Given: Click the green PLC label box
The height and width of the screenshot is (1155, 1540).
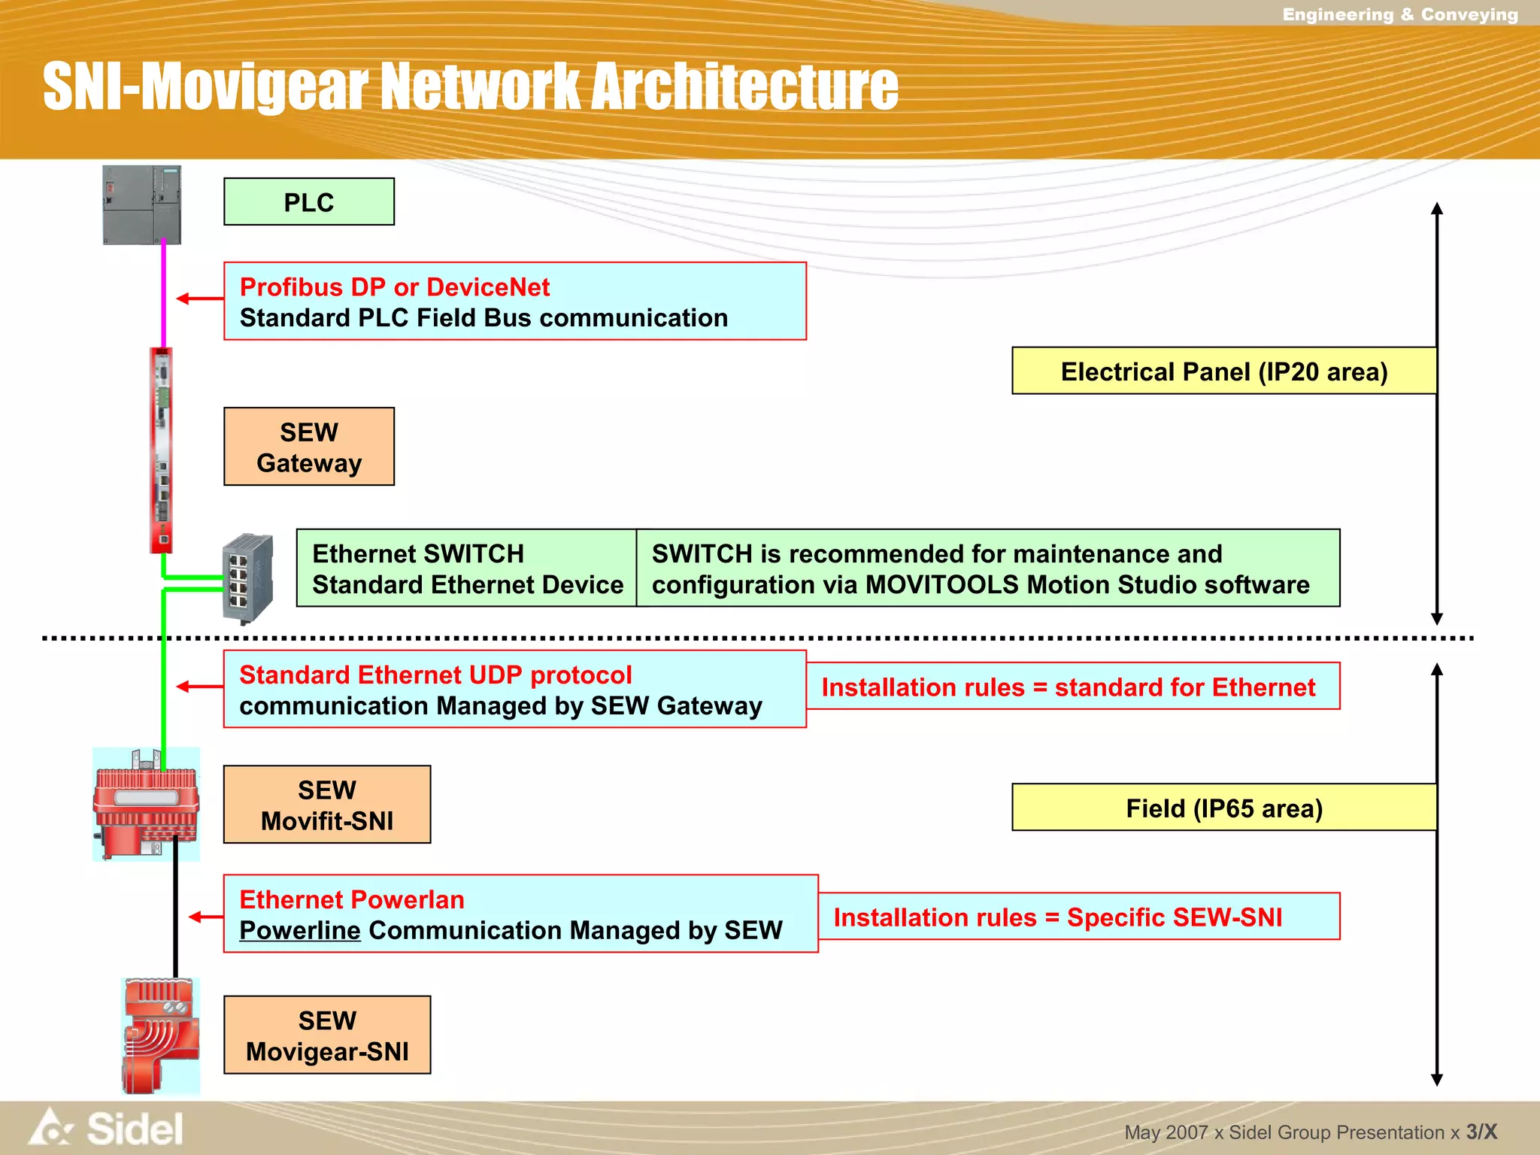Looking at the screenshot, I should tap(308, 202).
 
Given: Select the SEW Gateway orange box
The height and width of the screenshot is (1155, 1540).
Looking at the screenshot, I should tap(308, 447).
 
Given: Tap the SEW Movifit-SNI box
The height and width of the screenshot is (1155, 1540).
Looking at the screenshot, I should tap(326, 805).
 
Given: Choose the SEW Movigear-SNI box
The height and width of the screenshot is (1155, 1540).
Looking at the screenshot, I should tap(326, 1035).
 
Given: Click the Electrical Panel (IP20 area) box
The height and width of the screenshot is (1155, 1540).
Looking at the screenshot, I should tap(1223, 371).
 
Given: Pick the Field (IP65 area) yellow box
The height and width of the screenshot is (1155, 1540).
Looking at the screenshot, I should tap(1223, 808).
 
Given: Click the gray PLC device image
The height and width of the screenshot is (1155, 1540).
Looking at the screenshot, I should tap(141, 205).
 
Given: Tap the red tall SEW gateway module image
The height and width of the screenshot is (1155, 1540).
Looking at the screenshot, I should tap(161, 450).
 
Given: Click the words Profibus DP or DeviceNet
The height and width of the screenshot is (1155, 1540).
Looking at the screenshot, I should tap(394, 287).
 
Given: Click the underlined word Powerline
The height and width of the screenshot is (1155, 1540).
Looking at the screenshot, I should tap(299, 931).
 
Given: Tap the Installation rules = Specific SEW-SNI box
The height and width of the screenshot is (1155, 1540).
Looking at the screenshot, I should tap(1078, 917).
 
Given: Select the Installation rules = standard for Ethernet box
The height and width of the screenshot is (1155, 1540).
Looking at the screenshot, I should tap(1072, 687).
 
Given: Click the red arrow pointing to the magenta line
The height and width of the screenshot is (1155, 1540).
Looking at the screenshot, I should tap(199, 299).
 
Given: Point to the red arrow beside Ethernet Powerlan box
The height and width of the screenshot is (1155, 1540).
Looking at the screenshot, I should tap(205, 917).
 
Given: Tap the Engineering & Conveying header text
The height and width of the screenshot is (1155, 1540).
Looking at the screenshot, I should tap(1399, 14).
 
